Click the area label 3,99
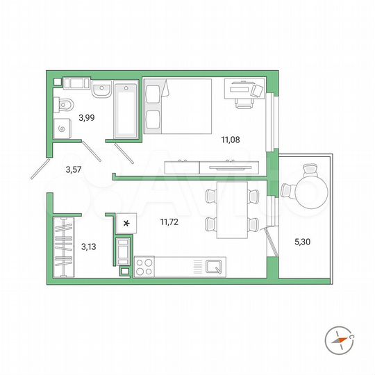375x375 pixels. click(86, 117)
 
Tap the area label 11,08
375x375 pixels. click(230, 140)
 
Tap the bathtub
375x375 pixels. click(126, 109)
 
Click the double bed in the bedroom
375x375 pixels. click(177, 105)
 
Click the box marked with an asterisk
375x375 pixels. click(126, 222)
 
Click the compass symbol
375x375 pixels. click(338, 340)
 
